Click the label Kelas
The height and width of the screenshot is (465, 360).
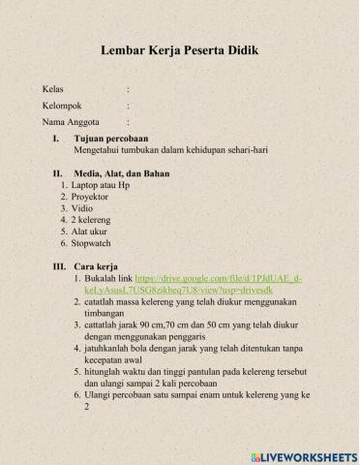click(53, 88)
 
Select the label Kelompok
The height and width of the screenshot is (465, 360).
click(62, 105)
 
